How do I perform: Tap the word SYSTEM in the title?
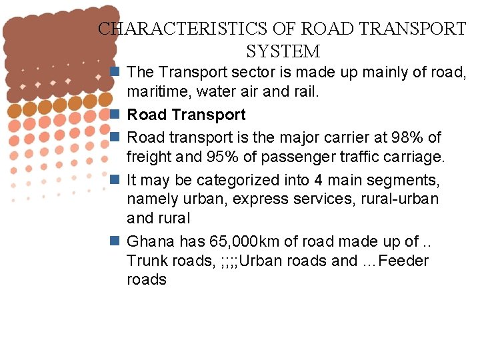[x=283, y=51]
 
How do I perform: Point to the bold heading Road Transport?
[x=186, y=115]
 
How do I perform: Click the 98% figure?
[x=409, y=137]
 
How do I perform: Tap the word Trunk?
[x=146, y=261]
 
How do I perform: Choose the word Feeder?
[x=403, y=261]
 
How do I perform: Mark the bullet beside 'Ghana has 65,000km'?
[x=115, y=241]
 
